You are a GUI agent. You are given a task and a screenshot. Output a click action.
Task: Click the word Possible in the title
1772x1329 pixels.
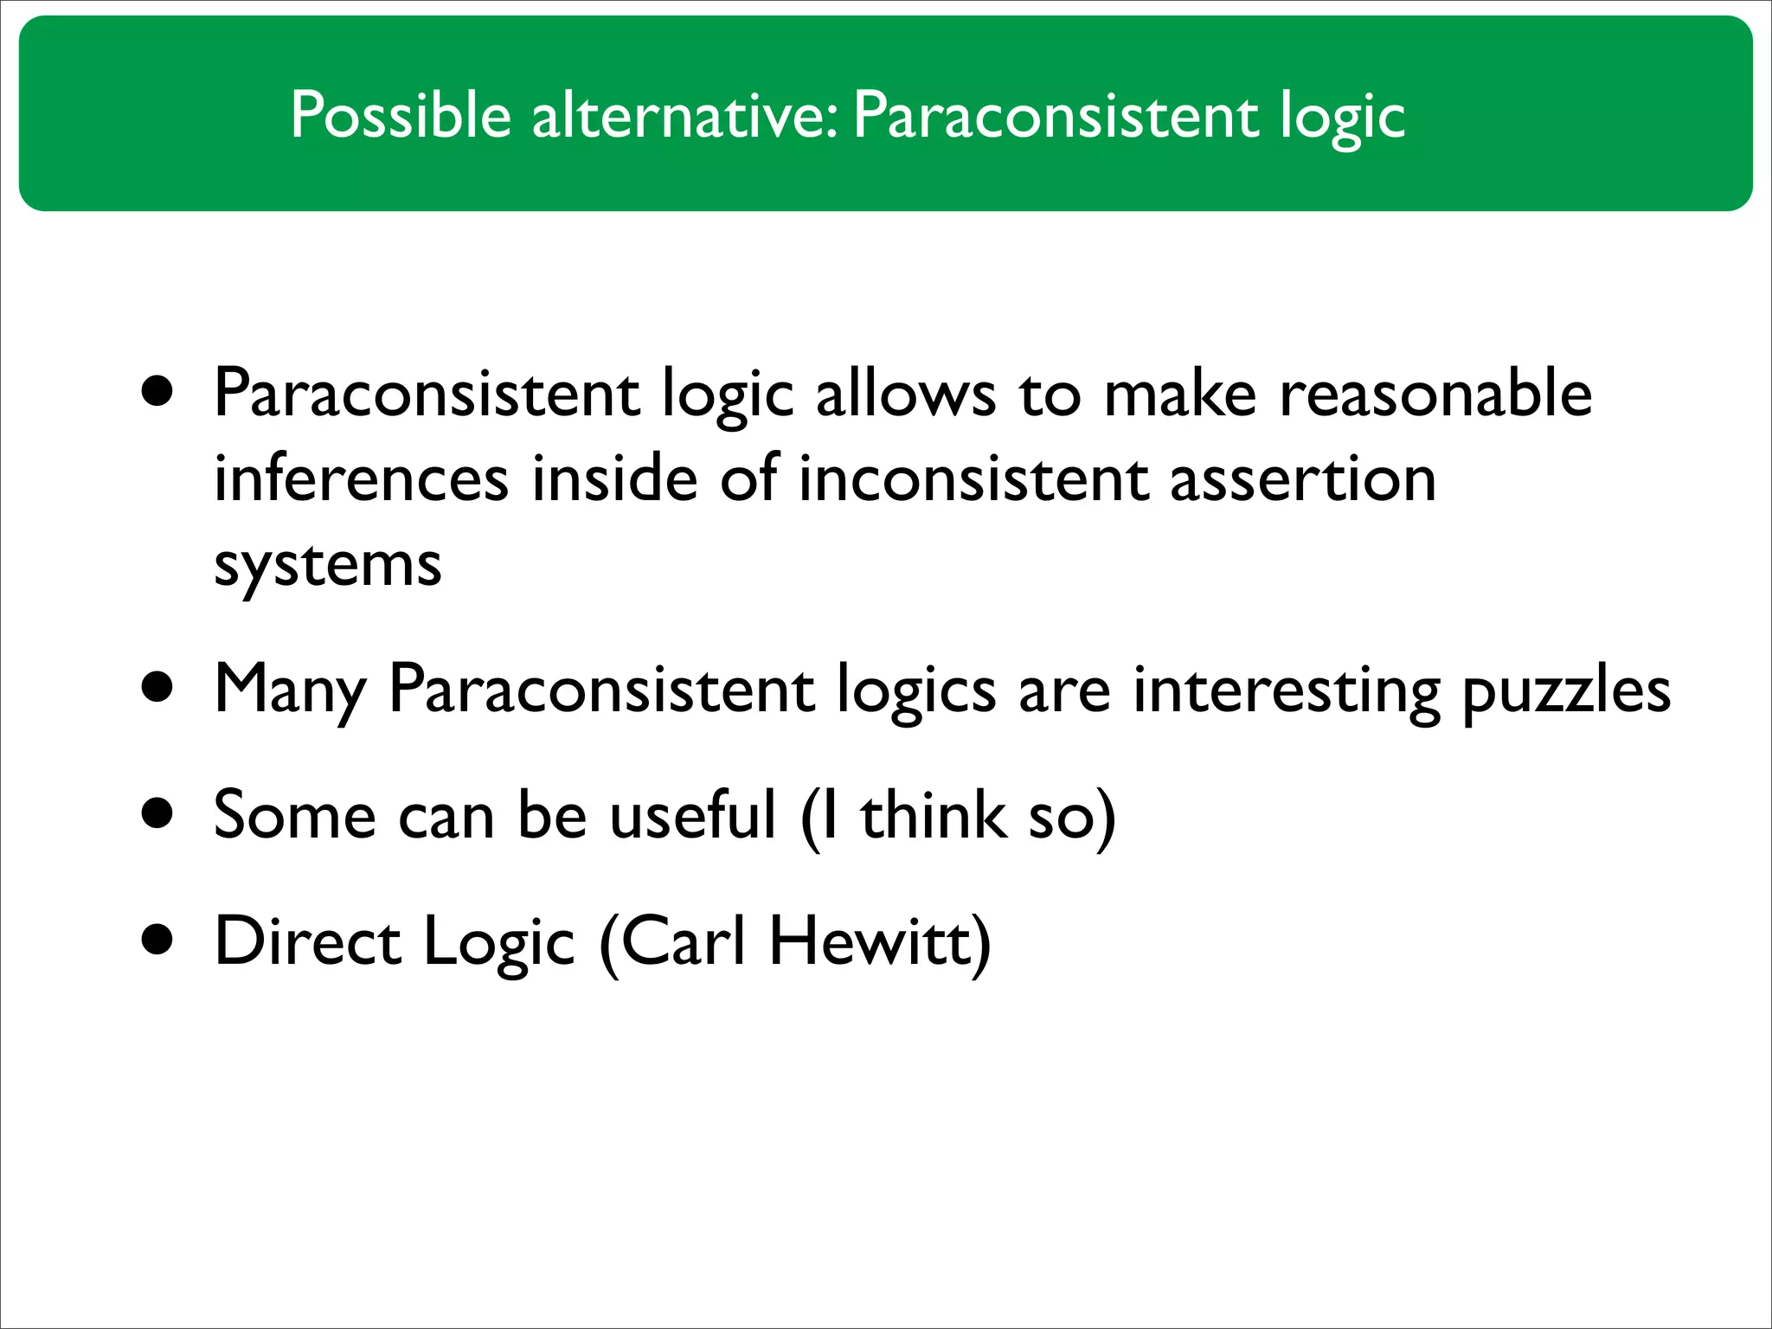pos(401,115)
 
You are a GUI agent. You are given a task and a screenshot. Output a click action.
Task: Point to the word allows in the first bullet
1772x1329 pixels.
pos(905,395)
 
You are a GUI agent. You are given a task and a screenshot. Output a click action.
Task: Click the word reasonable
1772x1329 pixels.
pos(1435,395)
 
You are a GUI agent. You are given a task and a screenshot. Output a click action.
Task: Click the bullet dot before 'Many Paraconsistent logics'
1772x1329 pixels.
pos(158,690)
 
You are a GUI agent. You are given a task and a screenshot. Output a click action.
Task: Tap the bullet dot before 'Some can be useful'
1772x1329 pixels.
pos(158,815)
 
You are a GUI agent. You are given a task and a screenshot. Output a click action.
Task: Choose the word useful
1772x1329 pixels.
pos(692,816)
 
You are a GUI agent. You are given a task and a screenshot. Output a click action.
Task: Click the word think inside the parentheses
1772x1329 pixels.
pos(934,816)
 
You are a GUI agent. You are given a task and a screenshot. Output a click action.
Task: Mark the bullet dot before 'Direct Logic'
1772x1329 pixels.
pos(158,941)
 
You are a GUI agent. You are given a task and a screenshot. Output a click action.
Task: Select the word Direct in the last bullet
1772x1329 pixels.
pos(307,941)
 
